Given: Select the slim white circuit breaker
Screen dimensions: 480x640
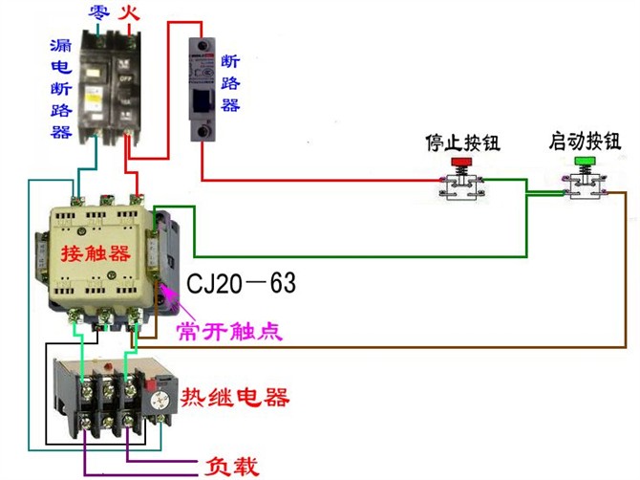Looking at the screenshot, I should pos(203,91).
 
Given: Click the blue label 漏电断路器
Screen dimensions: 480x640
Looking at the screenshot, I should pos(61,89).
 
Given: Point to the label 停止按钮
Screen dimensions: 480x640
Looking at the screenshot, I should pos(462,143).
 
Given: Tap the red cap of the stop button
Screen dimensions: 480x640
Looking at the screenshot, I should pos(462,164).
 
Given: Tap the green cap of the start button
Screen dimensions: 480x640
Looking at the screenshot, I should pos(584,164).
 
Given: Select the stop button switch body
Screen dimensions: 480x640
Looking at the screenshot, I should pos(462,186).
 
